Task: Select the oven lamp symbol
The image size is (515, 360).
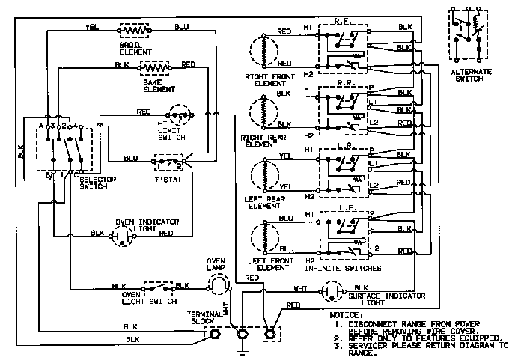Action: click(x=216, y=282)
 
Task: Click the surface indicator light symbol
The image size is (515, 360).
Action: click(x=335, y=288)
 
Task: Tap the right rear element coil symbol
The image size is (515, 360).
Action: click(x=260, y=109)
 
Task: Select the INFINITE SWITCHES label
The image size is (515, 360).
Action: click(x=344, y=267)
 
